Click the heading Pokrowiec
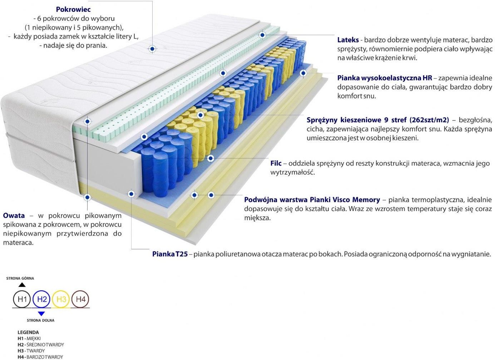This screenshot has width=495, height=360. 73,9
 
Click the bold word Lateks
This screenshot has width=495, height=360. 348,40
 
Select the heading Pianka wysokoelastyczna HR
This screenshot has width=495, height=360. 385,78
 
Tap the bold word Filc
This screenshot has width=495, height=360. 276,163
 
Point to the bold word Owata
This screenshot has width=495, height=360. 14,215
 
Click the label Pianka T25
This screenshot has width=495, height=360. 170,254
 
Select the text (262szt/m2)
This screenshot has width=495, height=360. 429,120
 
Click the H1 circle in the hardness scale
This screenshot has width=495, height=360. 22,299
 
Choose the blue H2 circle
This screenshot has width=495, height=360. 41,299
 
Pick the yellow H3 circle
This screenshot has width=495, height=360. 61,299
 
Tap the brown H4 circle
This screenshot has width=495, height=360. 80,299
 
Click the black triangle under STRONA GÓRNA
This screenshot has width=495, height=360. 22,285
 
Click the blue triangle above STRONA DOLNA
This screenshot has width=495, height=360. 41,314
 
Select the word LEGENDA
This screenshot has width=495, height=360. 28,332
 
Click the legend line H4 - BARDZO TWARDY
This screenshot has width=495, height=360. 40,357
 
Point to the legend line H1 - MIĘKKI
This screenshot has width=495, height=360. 29,338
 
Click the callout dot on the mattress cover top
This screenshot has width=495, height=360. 152,49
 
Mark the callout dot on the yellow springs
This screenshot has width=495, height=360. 201,115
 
